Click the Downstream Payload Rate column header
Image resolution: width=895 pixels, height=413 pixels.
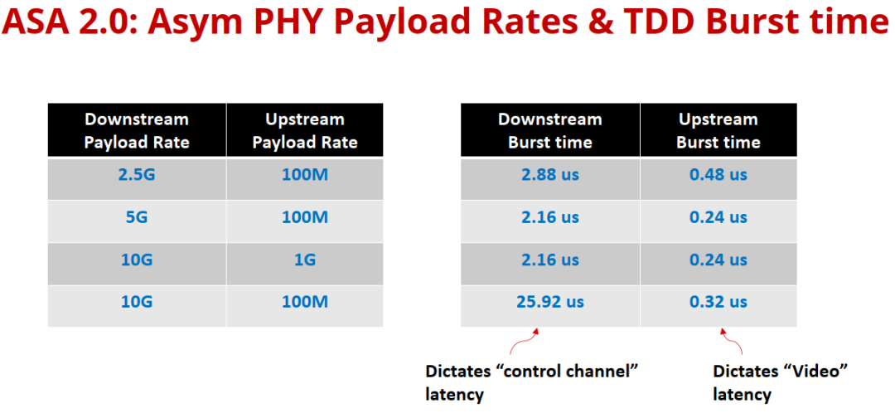137,130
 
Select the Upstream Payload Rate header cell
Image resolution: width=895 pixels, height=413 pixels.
305,130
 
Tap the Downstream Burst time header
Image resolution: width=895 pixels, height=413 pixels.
550,130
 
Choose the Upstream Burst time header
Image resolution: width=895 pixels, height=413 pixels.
718,130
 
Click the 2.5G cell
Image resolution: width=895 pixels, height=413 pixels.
137,174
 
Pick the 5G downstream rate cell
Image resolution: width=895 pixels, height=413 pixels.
137,217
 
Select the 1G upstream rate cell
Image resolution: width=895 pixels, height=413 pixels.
305,260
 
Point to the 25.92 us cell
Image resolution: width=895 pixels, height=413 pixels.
550,302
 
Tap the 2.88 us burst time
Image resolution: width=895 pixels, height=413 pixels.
550,174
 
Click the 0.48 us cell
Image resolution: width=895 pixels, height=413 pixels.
718,174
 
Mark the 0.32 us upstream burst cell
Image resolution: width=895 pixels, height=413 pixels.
718,302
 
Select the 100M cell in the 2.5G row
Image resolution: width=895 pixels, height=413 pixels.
305,174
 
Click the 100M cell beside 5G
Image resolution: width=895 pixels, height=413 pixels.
305,217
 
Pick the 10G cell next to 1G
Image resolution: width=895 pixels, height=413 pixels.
137,260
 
